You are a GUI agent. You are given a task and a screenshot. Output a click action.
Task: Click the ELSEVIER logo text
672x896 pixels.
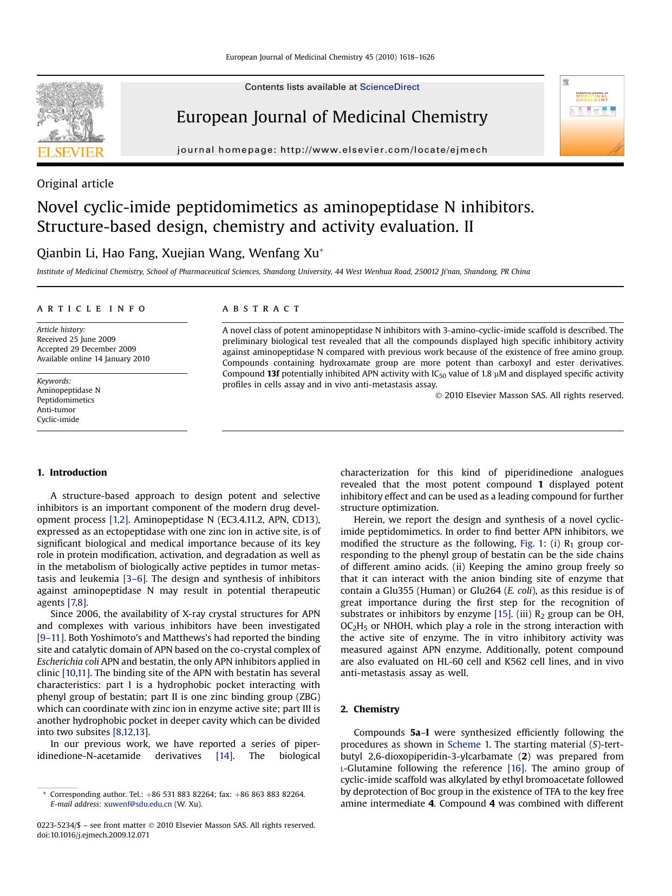click(x=70, y=152)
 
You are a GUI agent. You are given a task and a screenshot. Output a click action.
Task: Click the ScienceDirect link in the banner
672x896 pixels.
click(x=389, y=87)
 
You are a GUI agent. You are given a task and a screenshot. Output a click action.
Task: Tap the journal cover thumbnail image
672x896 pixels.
click(x=592, y=116)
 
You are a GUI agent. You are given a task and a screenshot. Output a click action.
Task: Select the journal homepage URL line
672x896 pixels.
click(x=332, y=150)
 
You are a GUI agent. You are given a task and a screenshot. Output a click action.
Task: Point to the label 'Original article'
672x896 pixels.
click(x=75, y=184)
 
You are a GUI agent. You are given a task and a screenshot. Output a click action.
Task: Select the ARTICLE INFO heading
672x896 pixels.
click(x=91, y=309)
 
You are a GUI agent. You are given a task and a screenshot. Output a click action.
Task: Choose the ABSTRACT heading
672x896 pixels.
click(x=261, y=309)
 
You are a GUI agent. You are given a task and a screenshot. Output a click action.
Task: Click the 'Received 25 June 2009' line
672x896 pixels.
click(x=76, y=339)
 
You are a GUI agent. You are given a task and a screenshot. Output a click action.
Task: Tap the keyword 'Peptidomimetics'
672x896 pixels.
click(x=66, y=400)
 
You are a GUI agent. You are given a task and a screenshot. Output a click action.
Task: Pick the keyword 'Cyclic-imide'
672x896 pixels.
click(x=58, y=419)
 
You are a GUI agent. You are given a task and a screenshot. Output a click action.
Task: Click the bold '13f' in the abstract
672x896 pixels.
click(x=273, y=374)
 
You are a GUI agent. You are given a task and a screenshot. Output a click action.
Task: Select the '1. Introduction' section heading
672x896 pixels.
click(x=72, y=472)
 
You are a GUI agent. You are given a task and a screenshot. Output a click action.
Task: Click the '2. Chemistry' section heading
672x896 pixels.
click(x=370, y=709)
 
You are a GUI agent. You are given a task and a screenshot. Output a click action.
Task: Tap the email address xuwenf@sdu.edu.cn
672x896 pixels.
click(x=138, y=804)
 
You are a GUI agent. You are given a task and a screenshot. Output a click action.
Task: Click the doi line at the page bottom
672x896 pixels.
click(x=93, y=835)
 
